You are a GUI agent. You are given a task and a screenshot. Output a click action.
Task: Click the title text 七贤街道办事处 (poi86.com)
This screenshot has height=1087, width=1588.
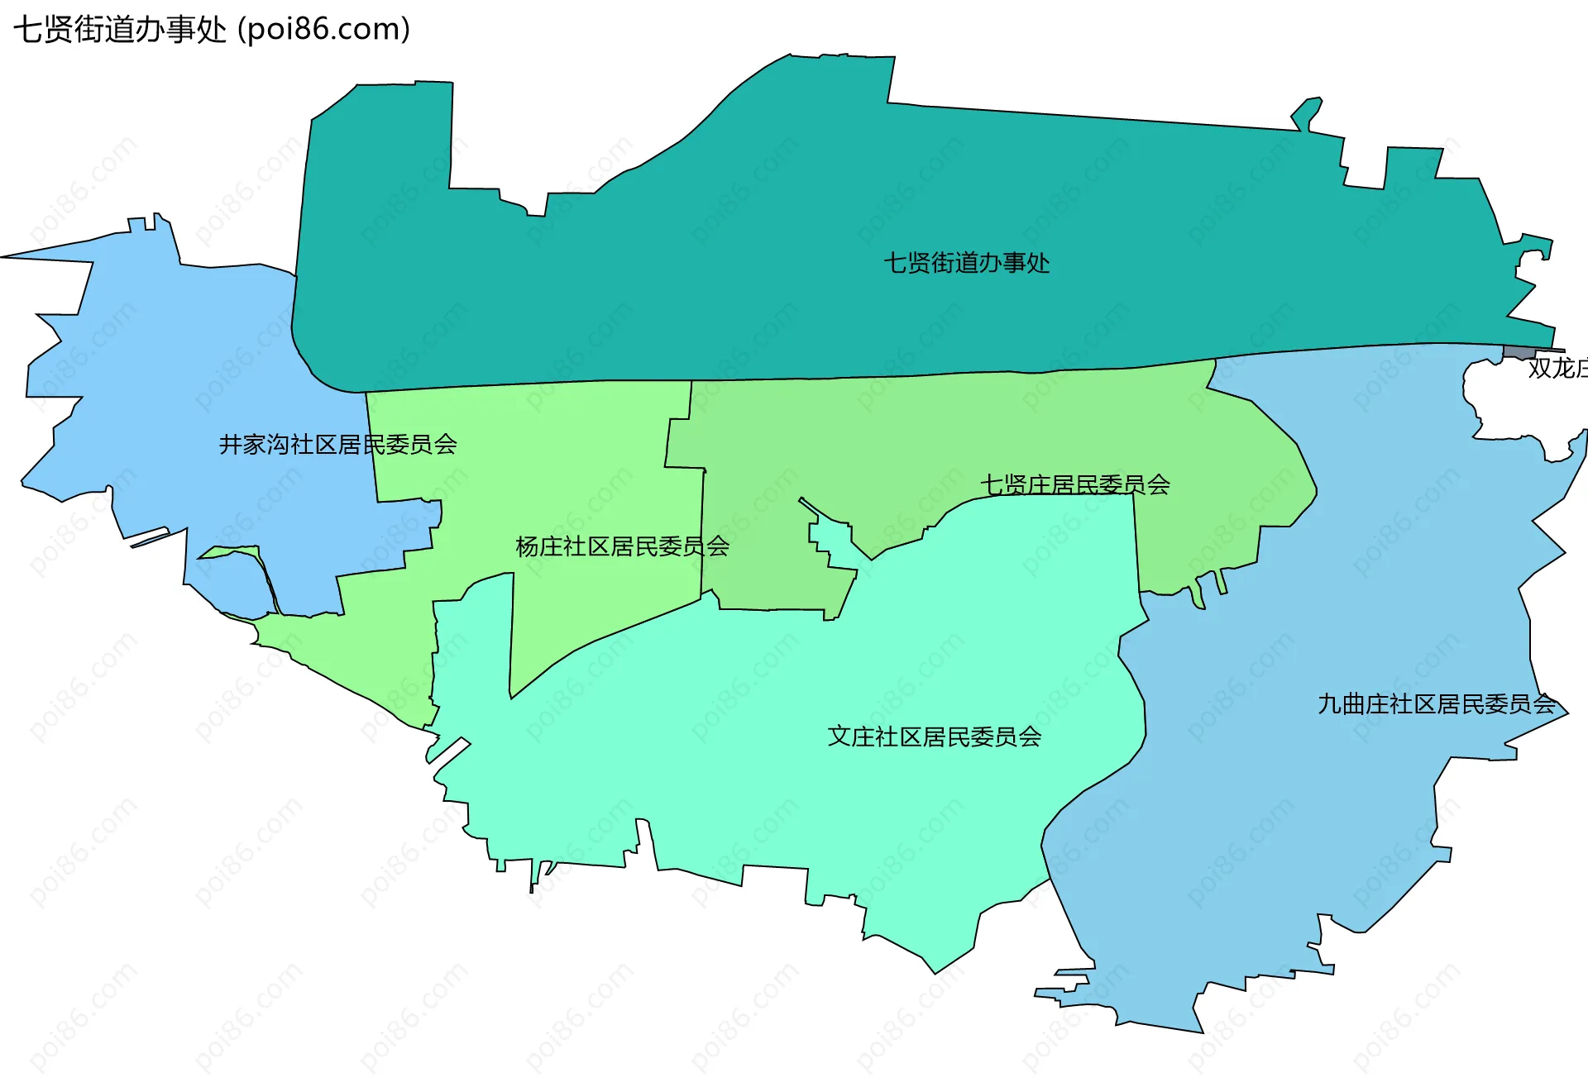(x=212, y=30)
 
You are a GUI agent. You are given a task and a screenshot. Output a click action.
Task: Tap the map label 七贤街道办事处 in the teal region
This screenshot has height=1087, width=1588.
(x=966, y=263)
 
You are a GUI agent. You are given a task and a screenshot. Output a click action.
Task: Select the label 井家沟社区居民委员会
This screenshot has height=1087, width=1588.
(x=337, y=445)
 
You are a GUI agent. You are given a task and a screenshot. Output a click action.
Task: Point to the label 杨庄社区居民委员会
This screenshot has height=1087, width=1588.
(x=622, y=546)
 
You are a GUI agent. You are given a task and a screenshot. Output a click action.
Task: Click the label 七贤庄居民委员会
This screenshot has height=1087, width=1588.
(x=1074, y=484)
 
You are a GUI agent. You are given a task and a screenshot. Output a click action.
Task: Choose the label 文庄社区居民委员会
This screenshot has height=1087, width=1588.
(x=934, y=737)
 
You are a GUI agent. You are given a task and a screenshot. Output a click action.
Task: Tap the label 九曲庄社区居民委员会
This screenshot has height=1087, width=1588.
(x=1436, y=704)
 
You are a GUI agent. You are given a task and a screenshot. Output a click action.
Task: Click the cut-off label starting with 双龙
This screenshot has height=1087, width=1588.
(x=1557, y=369)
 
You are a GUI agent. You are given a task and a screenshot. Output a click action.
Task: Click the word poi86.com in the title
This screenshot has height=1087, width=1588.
(x=323, y=30)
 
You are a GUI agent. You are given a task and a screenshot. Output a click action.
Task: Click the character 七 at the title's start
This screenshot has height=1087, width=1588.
(x=27, y=30)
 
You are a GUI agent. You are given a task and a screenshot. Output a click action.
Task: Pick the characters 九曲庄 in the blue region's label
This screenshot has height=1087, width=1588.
(x=1353, y=704)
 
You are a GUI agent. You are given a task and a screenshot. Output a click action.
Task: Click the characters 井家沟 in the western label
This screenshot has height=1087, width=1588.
(x=254, y=445)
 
